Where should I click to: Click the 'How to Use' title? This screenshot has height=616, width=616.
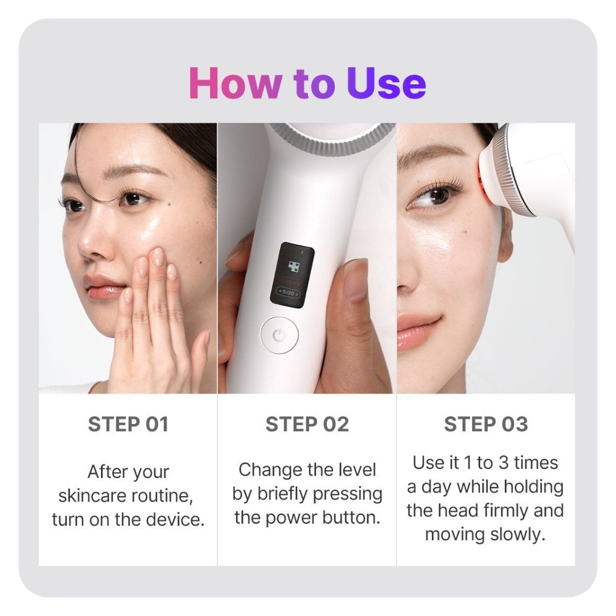click(307, 83)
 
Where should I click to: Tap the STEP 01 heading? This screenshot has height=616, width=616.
click(128, 424)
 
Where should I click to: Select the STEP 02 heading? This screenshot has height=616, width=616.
click(307, 424)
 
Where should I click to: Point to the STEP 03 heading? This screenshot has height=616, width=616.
click(486, 424)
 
